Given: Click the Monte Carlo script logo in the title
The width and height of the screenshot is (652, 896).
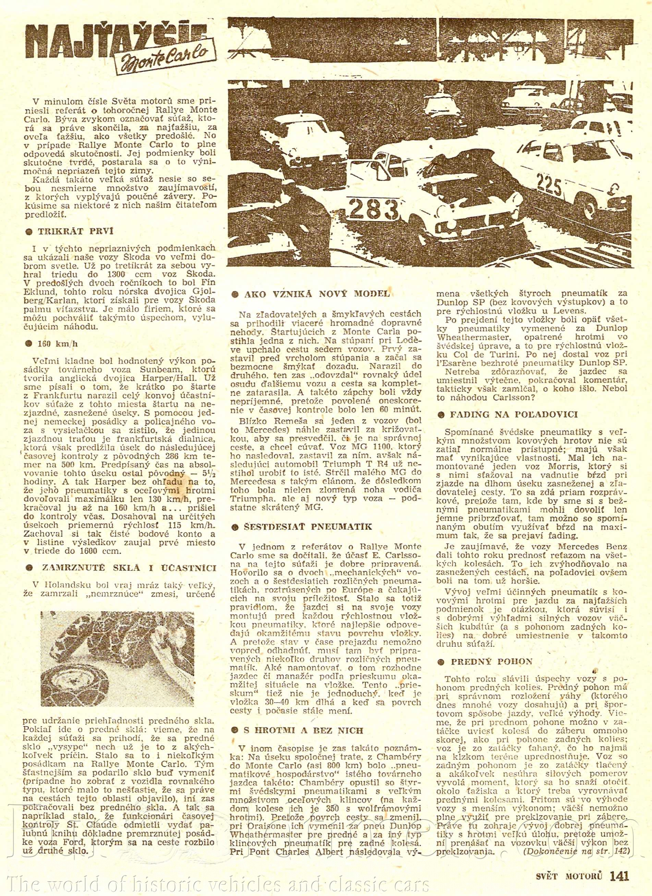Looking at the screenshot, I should [x=166, y=58].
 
